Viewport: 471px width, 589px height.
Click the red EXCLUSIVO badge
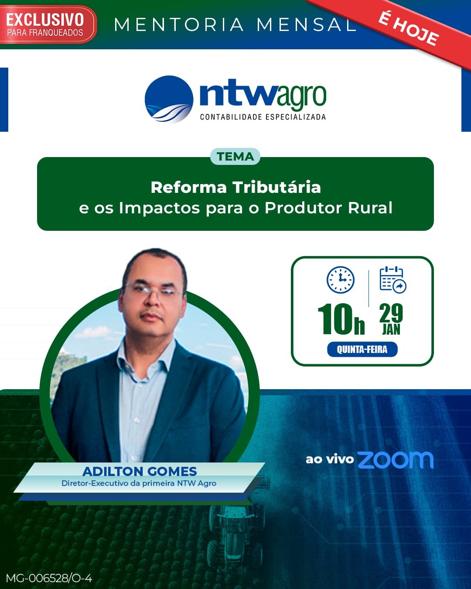(47, 24)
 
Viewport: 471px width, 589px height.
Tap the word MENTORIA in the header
(179, 24)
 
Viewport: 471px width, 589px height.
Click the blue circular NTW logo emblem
(169, 99)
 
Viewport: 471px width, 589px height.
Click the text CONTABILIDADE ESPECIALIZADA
(263, 117)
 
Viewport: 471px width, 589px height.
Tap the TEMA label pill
(235, 157)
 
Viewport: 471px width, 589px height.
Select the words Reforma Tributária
(235, 188)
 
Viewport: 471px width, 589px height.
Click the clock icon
(341, 279)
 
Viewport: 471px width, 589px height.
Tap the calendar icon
(393, 279)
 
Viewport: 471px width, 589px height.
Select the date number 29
(391, 313)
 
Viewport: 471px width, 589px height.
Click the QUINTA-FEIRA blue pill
(362, 349)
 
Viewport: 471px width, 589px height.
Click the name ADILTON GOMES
(140, 472)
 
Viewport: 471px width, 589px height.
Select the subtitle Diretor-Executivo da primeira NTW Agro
(139, 483)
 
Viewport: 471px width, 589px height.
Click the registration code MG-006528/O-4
(49, 579)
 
